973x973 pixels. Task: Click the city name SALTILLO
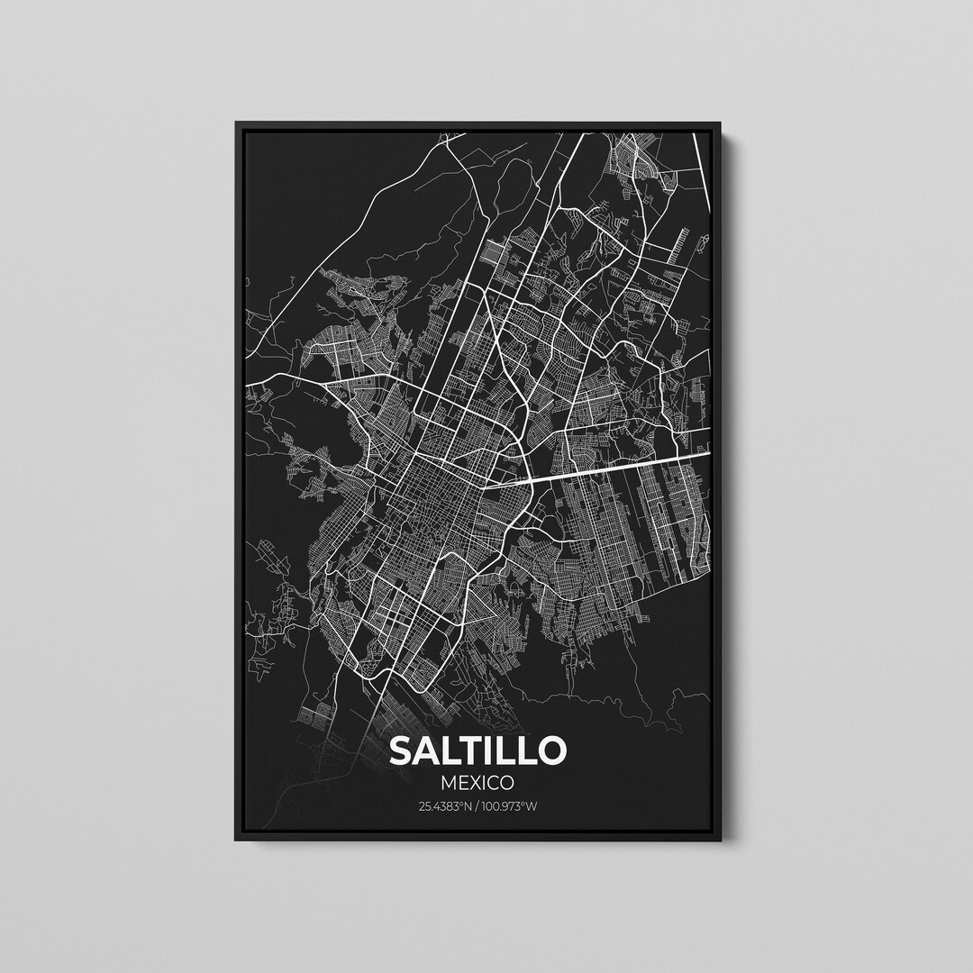pos(477,750)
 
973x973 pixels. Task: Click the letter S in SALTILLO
pos(401,750)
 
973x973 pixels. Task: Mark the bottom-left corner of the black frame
pos(237,840)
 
